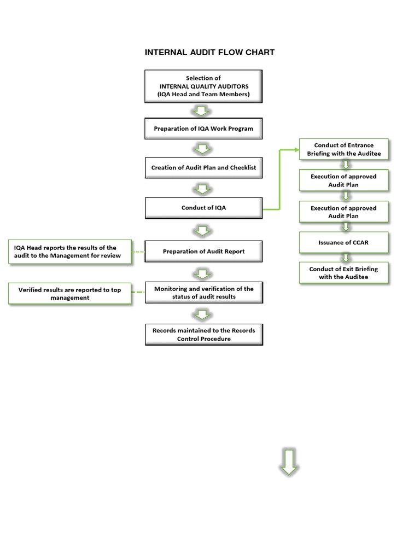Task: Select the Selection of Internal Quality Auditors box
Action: pos(203,86)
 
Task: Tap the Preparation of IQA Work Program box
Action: pos(203,129)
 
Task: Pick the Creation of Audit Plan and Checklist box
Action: pos(203,168)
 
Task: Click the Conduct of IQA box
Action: pos(203,208)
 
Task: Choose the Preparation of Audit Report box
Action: pos(203,252)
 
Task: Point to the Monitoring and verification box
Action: pos(203,293)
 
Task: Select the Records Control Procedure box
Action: pos(203,335)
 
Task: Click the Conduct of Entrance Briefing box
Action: pos(343,149)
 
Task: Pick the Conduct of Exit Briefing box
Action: pos(343,272)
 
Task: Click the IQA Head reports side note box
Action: pos(70,252)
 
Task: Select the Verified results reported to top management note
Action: pos(70,294)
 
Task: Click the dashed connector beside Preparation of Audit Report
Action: pos(139,252)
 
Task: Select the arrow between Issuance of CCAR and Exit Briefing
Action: pos(345,257)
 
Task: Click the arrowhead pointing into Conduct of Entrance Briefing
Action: pos(295,149)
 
